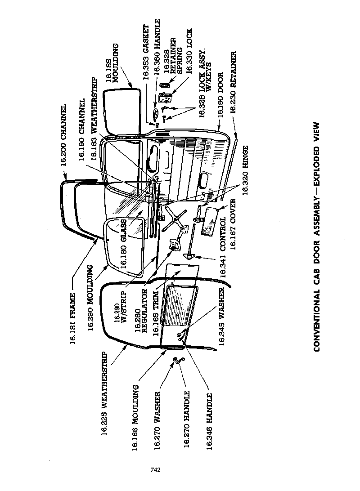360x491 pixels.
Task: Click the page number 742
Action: click(x=156, y=470)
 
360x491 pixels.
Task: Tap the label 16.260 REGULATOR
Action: click(x=142, y=311)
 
